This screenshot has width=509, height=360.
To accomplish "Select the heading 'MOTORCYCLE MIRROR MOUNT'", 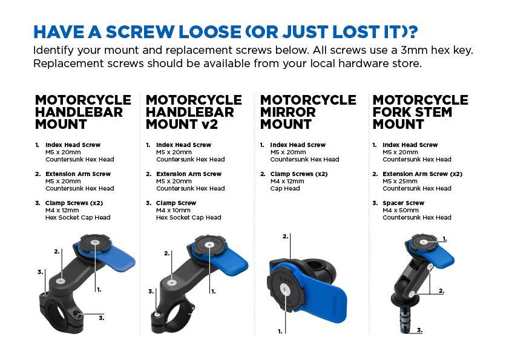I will [308, 112].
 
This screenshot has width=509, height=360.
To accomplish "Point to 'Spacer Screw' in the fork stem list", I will [403, 203].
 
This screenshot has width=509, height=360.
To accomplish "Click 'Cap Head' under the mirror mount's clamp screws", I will [285, 189].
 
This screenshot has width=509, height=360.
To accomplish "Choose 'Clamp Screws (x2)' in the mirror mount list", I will [299, 174].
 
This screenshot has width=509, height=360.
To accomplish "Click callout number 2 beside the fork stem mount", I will [441, 291].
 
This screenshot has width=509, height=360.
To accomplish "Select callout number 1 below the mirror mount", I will [280, 331].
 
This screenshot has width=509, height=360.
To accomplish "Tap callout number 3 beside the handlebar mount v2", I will [151, 292].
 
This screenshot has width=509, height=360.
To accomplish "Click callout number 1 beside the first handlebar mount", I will [99, 290].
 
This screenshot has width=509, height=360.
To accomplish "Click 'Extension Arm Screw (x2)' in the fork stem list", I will [422, 174].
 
